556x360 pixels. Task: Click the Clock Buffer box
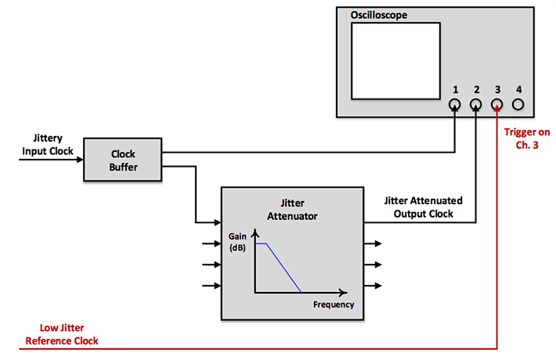tap(124, 160)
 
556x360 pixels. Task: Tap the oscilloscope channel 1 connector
tap(455, 105)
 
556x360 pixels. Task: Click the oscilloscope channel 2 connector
tap(476, 105)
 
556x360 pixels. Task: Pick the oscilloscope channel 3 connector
tap(497, 105)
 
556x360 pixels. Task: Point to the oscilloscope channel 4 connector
tap(518, 105)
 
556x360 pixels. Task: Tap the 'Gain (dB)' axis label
tap(237, 241)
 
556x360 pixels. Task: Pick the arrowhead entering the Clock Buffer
tap(80, 160)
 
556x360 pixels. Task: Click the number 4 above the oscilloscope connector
tap(518, 88)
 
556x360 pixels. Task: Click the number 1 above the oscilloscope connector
tap(455, 88)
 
